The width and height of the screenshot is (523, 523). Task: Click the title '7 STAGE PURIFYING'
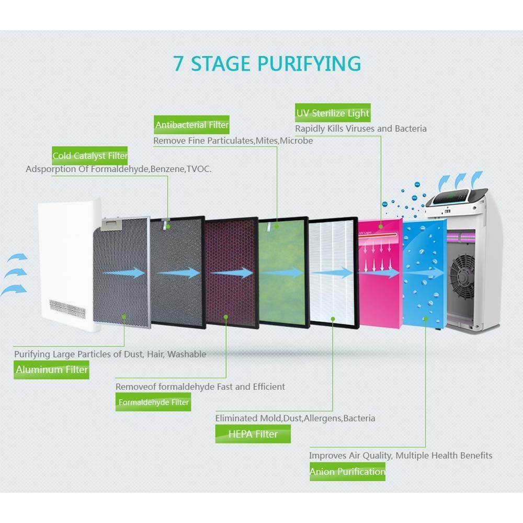pyautogui.click(x=267, y=63)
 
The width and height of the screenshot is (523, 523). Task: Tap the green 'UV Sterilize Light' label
pyautogui.click(x=333, y=113)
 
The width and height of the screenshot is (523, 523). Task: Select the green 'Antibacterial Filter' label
pyautogui.click(x=192, y=125)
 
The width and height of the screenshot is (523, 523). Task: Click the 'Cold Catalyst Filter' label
pyautogui.click(x=90, y=156)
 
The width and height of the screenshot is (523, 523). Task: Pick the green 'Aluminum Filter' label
pyautogui.click(x=52, y=370)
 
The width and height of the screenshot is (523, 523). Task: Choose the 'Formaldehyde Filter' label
pyautogui.click(x=153, y=402)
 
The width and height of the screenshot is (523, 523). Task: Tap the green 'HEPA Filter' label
pyautogui.click(x=253, y=434)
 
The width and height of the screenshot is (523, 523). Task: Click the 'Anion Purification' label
pyautogui.click(x=347, y=472)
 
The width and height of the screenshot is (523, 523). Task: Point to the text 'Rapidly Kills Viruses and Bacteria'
pyautogui.click(x=361, y=129)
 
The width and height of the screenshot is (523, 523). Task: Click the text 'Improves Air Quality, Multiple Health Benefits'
pyautogui.click(x=401, y=456)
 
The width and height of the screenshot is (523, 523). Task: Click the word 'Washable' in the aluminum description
pyautogui.click(x=187, y=354)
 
